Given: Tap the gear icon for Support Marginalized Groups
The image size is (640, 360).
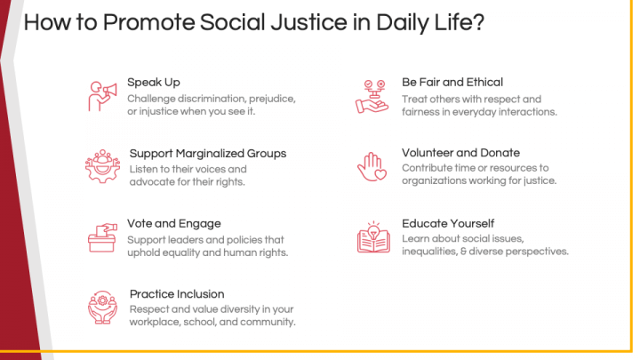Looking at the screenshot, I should pyautogui.click(x=102, y=165).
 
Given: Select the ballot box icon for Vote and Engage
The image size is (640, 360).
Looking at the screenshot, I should pyautogui.click(x=103, y=236).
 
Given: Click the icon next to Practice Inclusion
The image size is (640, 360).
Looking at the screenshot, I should pyautogui.click(x=103, y=307).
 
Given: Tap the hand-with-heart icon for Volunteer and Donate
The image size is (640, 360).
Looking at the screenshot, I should pyautogui.click(x=372, y=165).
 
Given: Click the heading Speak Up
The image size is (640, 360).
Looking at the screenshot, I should pyautogui.click(x=154, y=82).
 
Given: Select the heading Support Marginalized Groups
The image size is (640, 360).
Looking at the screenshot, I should pyautogui.click(x=208, y=153).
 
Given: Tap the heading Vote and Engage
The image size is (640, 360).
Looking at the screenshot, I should pyautogui.click(x=174, y=223).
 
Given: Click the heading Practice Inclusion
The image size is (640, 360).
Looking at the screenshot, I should pyautogui.click(x=177, y=293).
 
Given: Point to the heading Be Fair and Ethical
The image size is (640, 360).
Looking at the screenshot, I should pyautogui.click(x=452, y=82).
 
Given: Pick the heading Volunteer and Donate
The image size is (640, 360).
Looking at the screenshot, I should pyautogui.click(x=460, y=152).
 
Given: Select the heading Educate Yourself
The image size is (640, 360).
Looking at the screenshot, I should pyautogui.click(x=448, y=223).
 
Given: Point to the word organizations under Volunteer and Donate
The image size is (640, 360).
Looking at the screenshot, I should pyautogui.click(x=436, y=181).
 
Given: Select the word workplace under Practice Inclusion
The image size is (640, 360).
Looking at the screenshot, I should pyautogui.click(x=157, y=322).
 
